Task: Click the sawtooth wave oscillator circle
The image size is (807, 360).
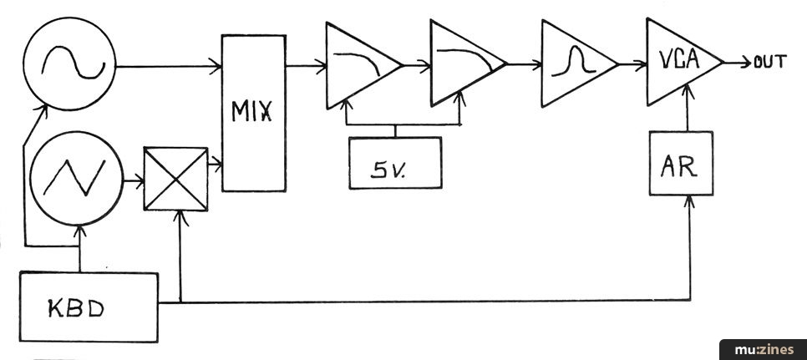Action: point(74,177)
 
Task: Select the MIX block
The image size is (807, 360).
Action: point(253,113)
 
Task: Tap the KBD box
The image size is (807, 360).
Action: point(88,306)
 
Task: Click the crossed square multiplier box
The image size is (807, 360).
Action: point(175,179)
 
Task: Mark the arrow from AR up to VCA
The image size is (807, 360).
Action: point(688,113)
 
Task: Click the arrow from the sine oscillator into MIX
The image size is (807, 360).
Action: point(167,65)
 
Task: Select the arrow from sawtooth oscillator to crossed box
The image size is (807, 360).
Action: point(132,178)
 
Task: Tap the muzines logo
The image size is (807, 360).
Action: point(761,349)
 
